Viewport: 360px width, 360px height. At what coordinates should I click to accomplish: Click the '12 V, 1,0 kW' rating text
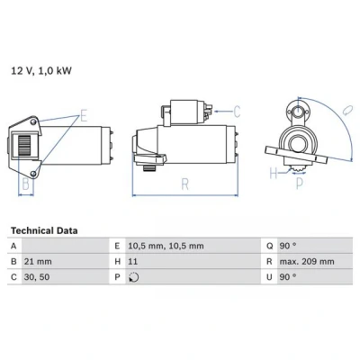pos(41,71)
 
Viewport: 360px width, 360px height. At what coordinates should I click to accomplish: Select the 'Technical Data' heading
pos(44,230)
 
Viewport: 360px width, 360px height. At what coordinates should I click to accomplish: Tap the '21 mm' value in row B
pos(38,262)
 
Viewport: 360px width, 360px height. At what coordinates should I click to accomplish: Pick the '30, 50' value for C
pos(37,277)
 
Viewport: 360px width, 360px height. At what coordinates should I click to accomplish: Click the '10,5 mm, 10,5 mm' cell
pos(166,246)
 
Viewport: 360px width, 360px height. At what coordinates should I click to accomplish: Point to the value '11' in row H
pos(132,262)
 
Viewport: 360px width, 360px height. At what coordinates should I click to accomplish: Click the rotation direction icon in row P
pos(133,277)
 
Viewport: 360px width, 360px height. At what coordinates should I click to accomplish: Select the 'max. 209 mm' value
pos(307,262)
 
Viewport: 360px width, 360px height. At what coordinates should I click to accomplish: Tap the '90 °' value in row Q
pos(288,246)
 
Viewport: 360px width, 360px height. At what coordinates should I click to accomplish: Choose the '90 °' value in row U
pos(288,277)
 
